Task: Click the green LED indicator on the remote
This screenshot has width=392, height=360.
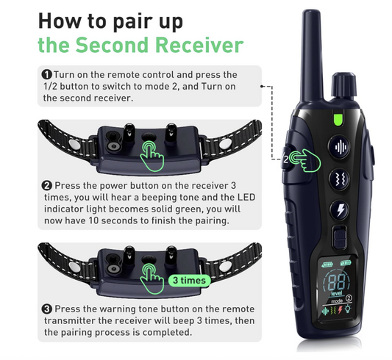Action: point(338,119)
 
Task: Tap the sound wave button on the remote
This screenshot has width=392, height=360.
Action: point(341,147)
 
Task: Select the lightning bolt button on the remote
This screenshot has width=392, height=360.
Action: point(341,211)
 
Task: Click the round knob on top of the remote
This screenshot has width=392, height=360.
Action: point(343,86)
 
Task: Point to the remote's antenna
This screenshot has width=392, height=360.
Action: point(311,56)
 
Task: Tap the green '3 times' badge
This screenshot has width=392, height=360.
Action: point(189,281)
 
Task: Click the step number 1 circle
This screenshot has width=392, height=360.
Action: point(47,74)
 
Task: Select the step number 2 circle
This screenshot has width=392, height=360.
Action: point(47,185)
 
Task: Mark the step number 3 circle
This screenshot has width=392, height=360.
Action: point(47,309)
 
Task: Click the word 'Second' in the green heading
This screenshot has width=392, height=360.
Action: point(112,45)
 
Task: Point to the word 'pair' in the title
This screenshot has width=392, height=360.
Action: point(129,22)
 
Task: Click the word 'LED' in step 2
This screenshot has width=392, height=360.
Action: point(246,197)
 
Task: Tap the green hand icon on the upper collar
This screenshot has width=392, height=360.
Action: point(152,156)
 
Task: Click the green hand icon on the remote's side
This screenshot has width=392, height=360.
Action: point(304,161)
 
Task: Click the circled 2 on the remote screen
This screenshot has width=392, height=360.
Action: point(349,298)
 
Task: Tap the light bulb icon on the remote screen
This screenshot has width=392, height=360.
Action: point(348,309)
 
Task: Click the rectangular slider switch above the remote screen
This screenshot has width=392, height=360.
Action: point(339,237)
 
